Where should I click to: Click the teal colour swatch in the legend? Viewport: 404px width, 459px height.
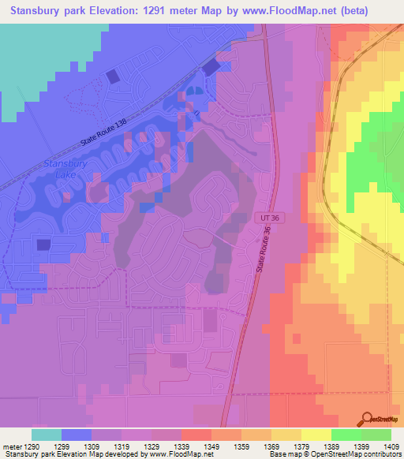point(47,435)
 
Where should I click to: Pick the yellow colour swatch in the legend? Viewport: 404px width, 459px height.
point(316,435)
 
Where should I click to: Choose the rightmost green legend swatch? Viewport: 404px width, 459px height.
point(376,435)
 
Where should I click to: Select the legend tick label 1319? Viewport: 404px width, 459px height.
point(122,446)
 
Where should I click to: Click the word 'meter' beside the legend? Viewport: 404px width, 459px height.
point(11,446)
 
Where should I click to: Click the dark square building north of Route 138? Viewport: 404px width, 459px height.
point(113,76)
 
